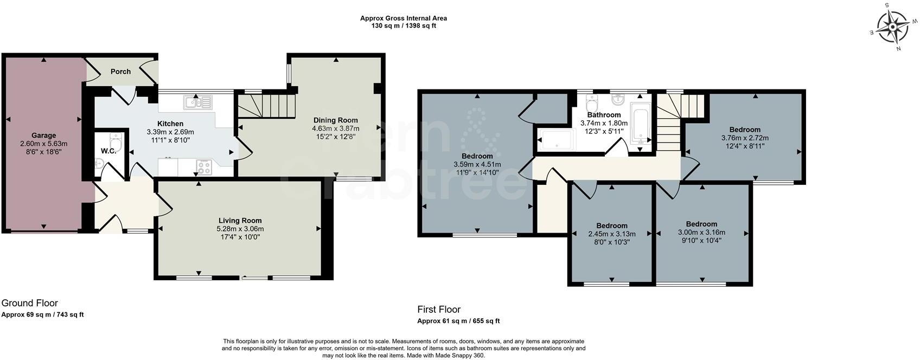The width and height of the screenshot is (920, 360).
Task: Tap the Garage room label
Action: click(x=43, y=136)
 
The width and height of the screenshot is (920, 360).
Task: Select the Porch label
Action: click(x=120, y=72)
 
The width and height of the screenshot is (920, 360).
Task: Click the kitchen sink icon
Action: click(x=199, y=102)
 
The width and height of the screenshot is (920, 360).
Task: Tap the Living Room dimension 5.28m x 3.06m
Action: click(x=240, y=229)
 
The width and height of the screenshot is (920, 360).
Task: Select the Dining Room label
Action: click(x=335, y=120)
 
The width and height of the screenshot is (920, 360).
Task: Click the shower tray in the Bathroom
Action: click(x=555, y=140)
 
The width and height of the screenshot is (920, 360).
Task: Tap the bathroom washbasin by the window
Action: click(x=618, y=100)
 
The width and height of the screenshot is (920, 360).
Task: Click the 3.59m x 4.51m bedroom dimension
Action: click(x=477, y=164)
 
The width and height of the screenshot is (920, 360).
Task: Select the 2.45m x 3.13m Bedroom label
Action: click(x=612, y=226)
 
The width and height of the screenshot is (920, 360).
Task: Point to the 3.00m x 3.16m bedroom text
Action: click(x=701, y=232)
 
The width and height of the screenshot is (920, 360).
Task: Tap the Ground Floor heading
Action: click(x=30, y=303)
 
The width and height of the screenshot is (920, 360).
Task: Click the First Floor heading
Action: click(x=439, y=310)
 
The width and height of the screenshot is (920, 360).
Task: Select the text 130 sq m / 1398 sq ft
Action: click(x=404, y=25)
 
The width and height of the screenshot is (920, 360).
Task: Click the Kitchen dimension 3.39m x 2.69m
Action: click(x=170, y=132)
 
